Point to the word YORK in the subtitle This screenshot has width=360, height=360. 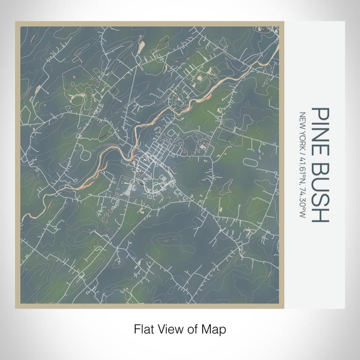(302, 139)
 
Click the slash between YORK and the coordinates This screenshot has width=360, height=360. (302, 153)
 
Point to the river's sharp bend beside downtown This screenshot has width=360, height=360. (135, 149)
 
